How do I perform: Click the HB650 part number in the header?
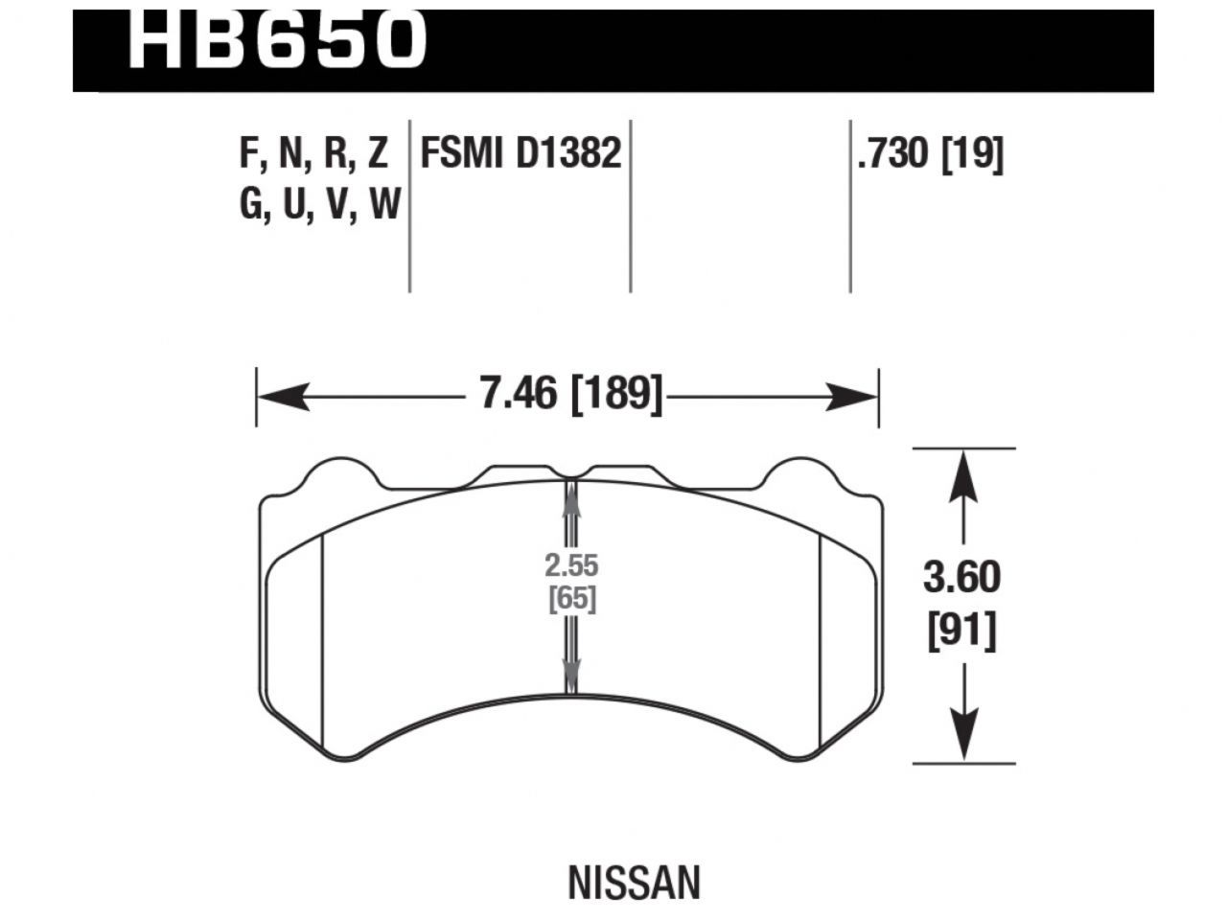pos(276,40)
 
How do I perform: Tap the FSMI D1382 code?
pos(521,154)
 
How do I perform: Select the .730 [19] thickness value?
pos(930,154)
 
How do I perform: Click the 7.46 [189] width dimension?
pos(571,393)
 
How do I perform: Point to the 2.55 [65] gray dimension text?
pos(572,582)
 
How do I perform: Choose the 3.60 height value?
pos(961,578)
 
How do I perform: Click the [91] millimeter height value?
pos(961,631)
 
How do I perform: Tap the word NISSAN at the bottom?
pos(634,883)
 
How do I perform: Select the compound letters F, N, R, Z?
pos(313,154)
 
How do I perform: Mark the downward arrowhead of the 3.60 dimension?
pos(963,735)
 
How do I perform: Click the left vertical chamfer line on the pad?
pos(324,642)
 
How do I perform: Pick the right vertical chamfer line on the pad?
pos(822,642)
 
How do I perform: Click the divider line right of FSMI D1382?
pos(630,206)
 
